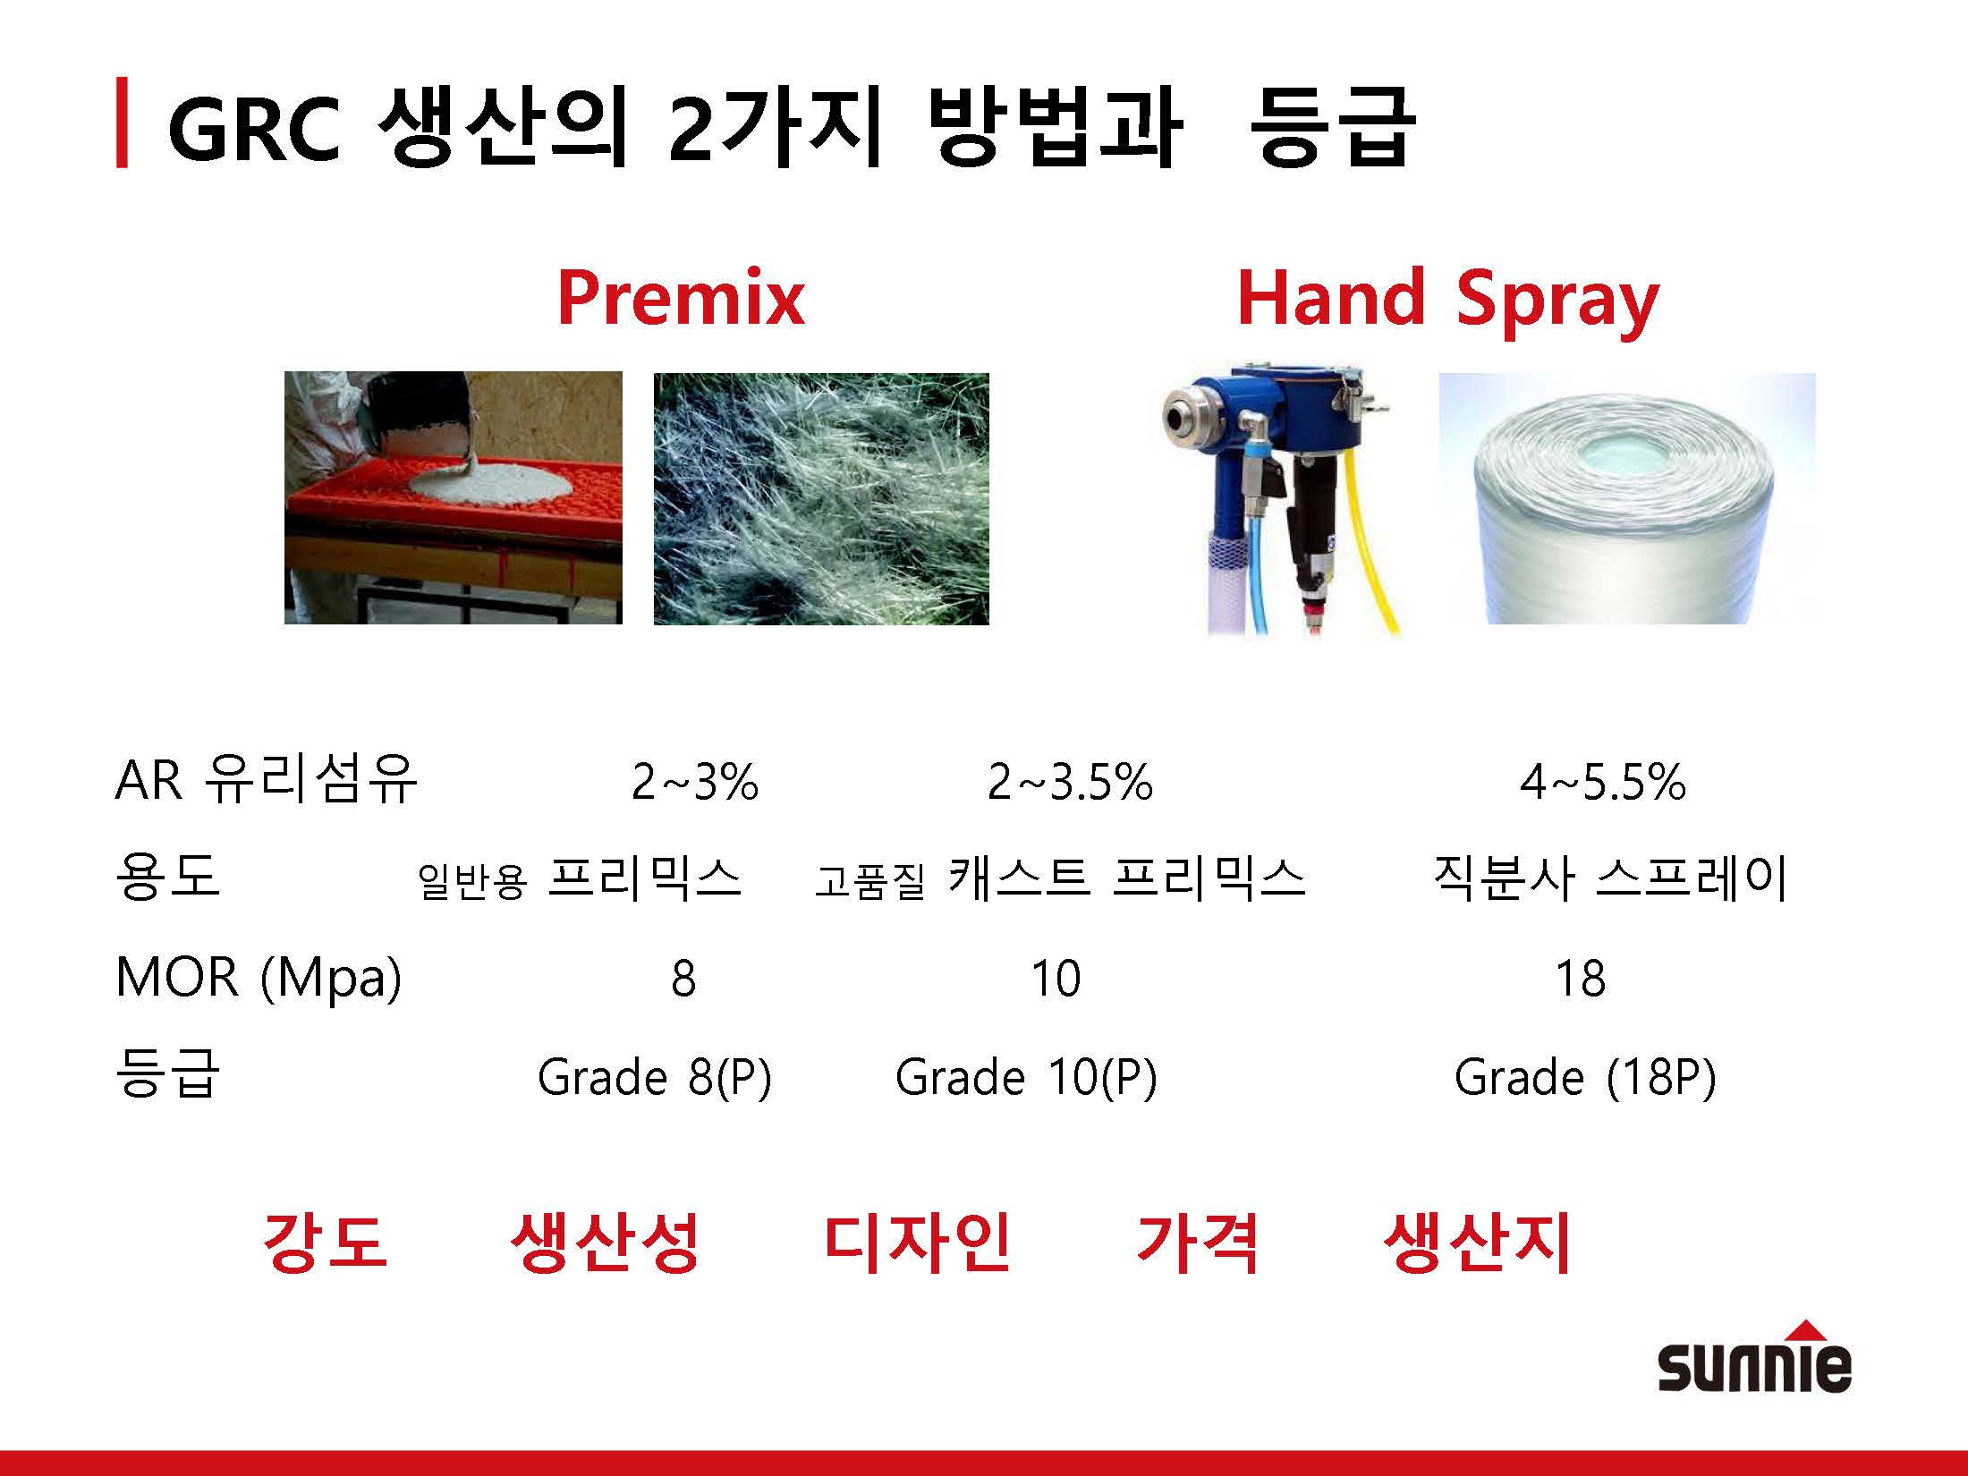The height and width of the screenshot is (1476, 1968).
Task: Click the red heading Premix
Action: (x=681, y=299)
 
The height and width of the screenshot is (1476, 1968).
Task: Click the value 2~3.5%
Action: (x=1070, y=782)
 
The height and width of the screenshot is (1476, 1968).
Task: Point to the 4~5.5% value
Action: (x=1603, y=782)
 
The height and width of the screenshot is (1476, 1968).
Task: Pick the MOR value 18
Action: (x=1581, y=978)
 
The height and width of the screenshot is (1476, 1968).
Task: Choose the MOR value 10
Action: (x=1056, y=978)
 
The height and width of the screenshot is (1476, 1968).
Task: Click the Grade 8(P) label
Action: (x=654, y=1077)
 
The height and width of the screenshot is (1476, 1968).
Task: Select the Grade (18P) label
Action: (x=1585, y=1077)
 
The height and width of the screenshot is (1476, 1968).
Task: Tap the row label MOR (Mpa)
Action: (x=259, y=978)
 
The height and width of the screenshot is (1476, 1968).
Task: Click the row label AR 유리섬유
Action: (x=266, y=779)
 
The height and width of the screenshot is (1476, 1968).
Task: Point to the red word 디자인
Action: (x=917, y=1242)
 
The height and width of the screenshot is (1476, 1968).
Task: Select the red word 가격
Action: (x=1198, y=1242)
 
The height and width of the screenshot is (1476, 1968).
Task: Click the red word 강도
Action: (x=325, y=1242)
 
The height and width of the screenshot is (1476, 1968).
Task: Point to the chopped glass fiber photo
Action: (x=821, y=498)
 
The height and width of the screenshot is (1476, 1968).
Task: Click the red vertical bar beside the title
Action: (x=122, y=123)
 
